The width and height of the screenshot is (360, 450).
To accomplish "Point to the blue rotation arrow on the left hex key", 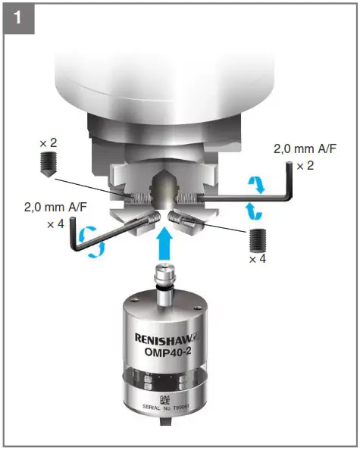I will [x=92, y=236].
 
